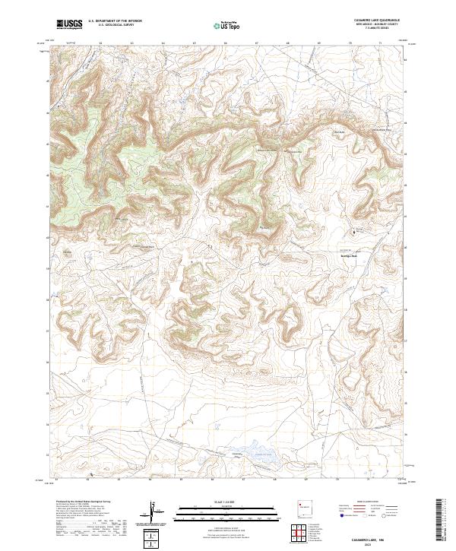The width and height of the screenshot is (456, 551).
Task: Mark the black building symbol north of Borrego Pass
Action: tap(353, 233)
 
